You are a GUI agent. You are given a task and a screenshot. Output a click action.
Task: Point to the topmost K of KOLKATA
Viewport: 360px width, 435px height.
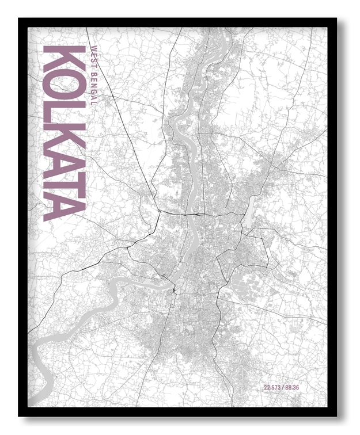(65, 59)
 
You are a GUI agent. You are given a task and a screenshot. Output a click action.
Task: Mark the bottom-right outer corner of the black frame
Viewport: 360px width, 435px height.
(337, 416)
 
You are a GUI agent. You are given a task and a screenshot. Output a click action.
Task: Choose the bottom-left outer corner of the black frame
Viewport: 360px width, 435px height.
(18, 416)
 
